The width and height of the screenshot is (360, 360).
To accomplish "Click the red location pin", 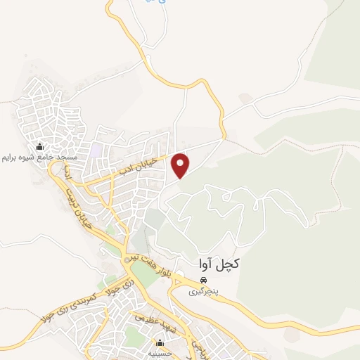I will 181,165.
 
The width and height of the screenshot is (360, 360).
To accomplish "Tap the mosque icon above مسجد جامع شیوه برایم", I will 39,146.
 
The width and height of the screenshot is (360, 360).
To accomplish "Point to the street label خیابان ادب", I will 148,167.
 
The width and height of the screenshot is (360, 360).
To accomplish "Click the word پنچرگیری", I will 207,289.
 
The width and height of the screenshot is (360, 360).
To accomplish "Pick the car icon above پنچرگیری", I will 203,278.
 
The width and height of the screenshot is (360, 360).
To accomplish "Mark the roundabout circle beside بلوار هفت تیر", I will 127,260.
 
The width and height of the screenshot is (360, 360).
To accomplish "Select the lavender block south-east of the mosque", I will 95,150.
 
